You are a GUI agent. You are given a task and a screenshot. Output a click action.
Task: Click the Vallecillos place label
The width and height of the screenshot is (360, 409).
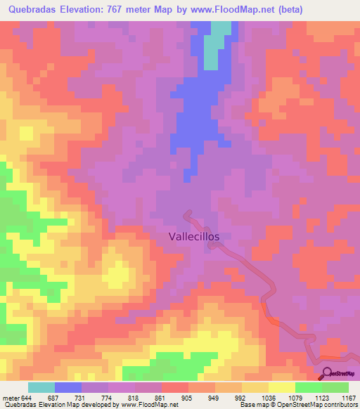pos(194,237)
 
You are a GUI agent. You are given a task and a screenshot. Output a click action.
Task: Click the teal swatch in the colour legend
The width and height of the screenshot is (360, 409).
pos(41,387)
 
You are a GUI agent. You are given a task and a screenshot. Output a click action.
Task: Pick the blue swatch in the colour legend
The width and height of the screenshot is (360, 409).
pos(68,387)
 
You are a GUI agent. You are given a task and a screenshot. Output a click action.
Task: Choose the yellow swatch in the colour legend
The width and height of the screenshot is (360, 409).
pos(282,387)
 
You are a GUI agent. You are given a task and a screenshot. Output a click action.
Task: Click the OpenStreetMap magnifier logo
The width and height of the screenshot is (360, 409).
pos(327,373)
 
